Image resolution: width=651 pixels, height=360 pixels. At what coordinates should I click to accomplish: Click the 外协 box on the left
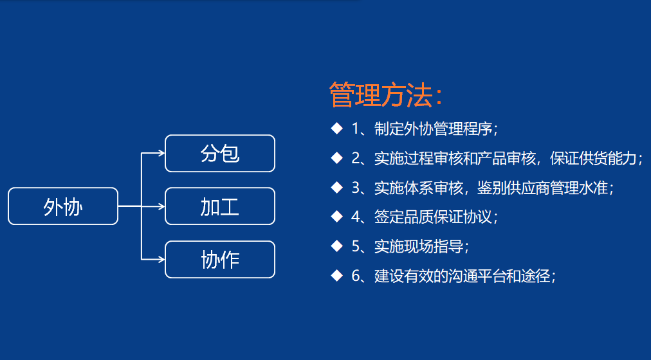[63, 206]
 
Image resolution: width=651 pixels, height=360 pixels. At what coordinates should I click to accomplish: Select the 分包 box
[220, 154]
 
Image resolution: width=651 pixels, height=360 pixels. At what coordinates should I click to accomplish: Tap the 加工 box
[220, 206]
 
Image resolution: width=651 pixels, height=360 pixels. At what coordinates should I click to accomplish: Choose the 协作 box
[220, 260]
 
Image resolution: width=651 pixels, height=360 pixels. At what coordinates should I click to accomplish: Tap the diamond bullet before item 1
[336, 128]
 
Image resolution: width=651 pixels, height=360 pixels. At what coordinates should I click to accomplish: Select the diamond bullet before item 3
[336, 187]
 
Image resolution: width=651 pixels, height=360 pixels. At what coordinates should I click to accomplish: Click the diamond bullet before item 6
[336, 276]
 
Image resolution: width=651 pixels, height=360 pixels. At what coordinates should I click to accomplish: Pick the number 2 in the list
[356, 158]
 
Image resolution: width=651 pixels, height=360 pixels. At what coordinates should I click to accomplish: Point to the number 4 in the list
[356, 217]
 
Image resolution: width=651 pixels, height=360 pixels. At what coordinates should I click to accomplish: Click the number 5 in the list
[356, 247]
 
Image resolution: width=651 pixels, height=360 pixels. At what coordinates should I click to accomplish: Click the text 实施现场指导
[419, 247]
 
